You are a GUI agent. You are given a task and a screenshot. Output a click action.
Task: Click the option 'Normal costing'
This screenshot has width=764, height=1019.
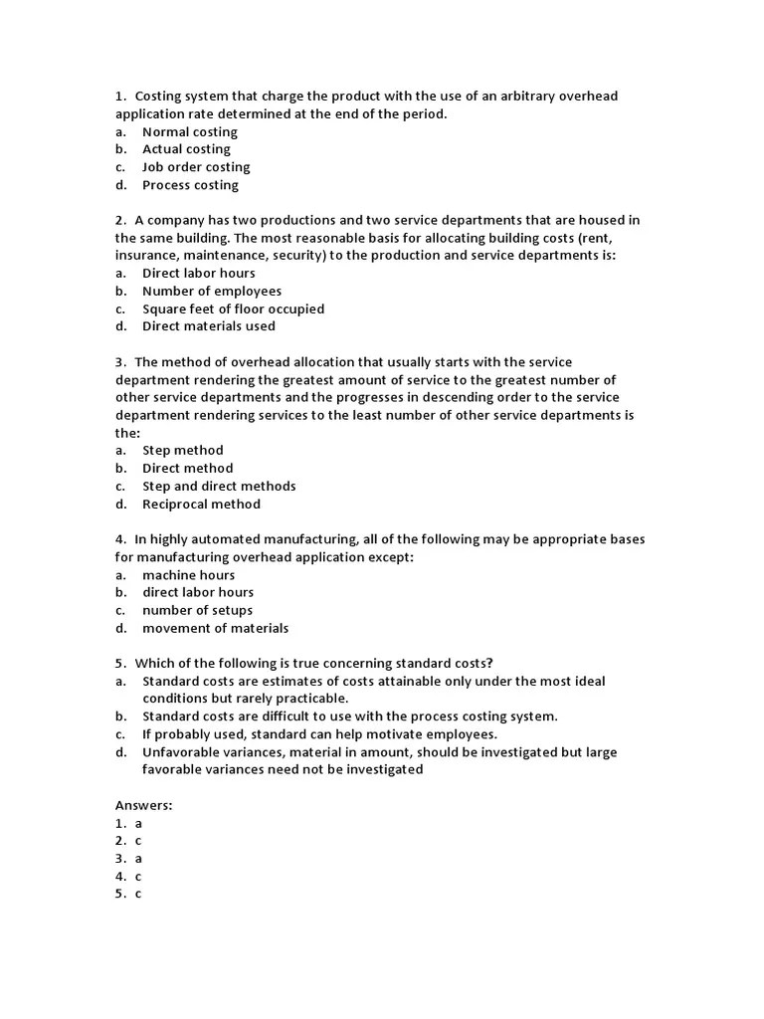[x=189, y=132]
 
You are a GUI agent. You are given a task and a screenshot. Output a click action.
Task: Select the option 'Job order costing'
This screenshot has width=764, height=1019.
[x=196, y=167]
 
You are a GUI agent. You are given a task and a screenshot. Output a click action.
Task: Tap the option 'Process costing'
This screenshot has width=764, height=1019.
[x=190, y=185]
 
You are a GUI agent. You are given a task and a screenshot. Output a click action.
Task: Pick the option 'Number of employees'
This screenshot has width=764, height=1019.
[x=212, y=291]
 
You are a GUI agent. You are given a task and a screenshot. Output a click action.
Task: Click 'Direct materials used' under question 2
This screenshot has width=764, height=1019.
[x=209, y=326]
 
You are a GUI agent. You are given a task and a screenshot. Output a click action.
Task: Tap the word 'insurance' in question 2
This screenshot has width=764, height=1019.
[x=146, y=256]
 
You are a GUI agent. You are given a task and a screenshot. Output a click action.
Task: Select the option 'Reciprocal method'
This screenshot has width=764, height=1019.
[x=201, y=504]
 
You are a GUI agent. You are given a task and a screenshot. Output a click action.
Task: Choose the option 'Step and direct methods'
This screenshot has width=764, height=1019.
[x=219, y=487]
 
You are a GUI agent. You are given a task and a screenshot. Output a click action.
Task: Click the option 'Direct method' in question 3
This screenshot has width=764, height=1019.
[x=187, y=469]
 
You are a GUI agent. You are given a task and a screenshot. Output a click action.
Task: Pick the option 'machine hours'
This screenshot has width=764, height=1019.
[x=188, y=575]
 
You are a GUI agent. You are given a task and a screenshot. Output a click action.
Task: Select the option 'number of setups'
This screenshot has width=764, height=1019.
[x=197, y=610]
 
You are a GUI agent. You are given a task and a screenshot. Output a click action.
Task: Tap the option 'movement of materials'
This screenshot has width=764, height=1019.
[x=215, y=628]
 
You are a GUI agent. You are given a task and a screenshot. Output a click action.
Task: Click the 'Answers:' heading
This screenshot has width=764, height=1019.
[x=143, y=805]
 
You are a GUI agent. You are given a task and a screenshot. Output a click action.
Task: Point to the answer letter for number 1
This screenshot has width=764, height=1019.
[x=139, y=824]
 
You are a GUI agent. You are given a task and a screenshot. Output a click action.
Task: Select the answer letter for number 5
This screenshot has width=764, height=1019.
[x=139, y=894]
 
